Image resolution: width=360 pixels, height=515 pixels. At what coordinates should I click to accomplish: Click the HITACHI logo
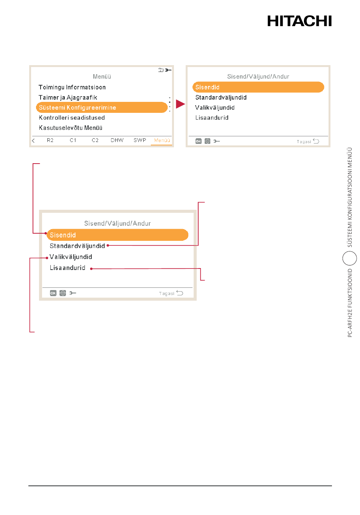coord(299,21)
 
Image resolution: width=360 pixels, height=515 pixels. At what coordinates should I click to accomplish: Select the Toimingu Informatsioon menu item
coord(72,87)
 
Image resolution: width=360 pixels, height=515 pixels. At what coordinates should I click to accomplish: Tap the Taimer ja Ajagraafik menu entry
coord(68,97)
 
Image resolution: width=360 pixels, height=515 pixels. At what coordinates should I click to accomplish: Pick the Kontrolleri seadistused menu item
coord(72,118)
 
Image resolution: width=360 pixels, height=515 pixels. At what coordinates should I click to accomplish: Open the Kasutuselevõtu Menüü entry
coord(70,128)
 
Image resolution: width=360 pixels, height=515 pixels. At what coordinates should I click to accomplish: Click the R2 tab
coord(50,140)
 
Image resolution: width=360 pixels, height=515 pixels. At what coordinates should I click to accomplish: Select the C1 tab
coord(73,140)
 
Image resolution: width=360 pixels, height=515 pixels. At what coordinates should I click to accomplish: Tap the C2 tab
coord(95,140)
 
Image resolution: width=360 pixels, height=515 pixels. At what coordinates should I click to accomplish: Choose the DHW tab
coord(117,140)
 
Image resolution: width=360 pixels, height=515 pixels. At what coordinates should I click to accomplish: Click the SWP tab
coord(140,140)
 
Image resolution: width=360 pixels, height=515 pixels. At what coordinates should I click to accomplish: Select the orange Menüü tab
coord(162,140)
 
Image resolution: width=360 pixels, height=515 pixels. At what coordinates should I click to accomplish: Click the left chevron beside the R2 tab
coord(33,141)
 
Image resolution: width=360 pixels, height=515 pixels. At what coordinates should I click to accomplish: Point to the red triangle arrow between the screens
coord(180,104)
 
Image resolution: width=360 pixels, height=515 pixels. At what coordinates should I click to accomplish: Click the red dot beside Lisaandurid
coord(91,268)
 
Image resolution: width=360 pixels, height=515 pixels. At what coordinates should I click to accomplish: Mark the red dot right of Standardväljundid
coord(108,245)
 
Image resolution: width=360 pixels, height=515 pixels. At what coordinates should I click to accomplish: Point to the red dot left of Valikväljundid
coord(47,258)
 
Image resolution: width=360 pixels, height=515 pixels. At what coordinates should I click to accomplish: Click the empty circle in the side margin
coord(349,258)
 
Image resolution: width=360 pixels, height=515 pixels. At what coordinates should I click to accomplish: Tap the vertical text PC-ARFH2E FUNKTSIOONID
coord(350,303)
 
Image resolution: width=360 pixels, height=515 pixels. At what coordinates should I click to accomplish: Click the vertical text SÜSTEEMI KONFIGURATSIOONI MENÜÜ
coord(350,197)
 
